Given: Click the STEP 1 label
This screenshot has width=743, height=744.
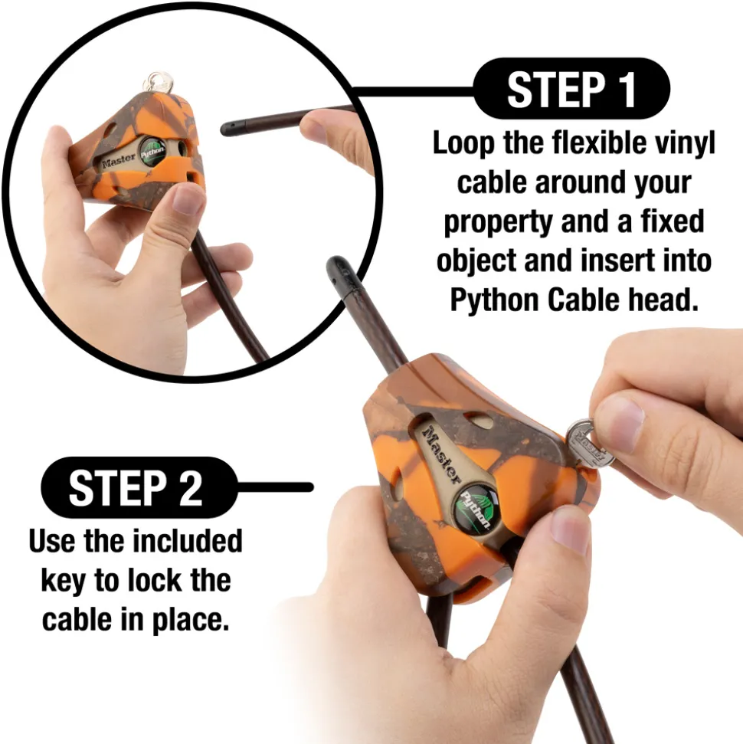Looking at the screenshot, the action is (x=571, y=89).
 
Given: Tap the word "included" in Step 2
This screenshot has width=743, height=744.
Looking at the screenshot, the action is (x=187, y=540).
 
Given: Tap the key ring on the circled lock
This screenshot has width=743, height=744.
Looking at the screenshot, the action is (x=158, y=82).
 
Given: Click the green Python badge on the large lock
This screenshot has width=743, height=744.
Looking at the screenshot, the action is (x=476, y=511).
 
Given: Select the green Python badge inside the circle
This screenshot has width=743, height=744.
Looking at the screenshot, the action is (x=152, y=152).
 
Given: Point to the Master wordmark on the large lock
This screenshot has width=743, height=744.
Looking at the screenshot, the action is (x=441, y=454).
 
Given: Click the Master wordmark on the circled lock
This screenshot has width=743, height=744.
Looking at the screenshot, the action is (x=119, y=159).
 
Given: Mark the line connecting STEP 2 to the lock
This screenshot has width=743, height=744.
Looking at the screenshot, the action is (x=275, y=487).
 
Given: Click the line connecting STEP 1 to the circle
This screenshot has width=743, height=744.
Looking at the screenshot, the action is (x=414, y=89).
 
